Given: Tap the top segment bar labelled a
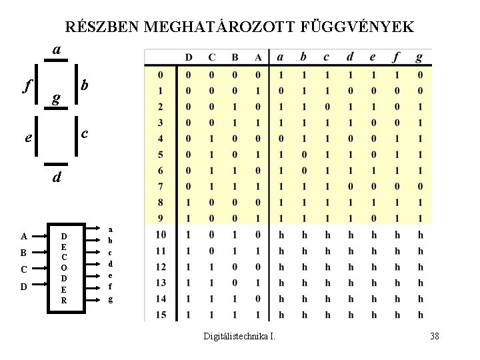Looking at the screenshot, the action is [x=57, y=61].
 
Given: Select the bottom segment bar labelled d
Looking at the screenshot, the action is [x=57, y=164].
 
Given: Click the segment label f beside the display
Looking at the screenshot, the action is [x=26, y=85].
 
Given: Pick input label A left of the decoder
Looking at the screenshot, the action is [x=24, y=236].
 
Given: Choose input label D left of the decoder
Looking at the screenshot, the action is [x=24, y=287].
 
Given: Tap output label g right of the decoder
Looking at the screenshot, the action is [x=111, y=300].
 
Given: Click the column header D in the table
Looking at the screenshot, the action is [x=189, y=57].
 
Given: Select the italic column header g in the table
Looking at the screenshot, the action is [x=419, y=57].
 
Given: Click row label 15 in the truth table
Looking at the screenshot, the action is [x=161, y=314].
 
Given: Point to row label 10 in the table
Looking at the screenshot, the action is [x=161, y=234].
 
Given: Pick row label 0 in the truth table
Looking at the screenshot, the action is [x=161, y=74].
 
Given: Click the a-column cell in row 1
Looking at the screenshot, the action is [x=281, y=90].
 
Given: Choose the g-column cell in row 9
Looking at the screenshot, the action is [x=420, y=218].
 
